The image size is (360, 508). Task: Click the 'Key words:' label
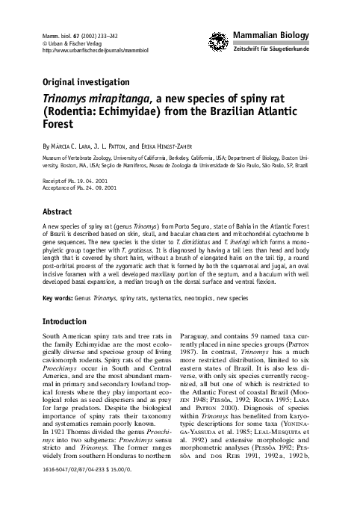click(58, 298)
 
